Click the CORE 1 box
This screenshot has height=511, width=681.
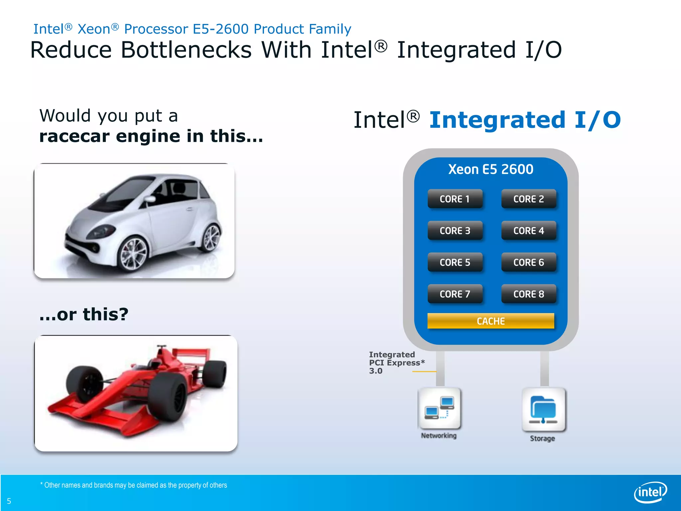point(455,199)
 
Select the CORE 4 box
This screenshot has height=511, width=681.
point(528,231)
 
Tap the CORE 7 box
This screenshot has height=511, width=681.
point(455,294)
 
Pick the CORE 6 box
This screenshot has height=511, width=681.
point(528,262)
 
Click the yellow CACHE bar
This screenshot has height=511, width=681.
point(490,321)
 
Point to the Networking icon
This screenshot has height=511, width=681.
point(439,408)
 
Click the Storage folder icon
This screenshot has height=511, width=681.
point(543,410)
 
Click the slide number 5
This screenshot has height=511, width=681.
point(9,501)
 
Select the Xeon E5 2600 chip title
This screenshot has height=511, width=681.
point(490,169)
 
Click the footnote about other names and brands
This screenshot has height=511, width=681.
point(134,485)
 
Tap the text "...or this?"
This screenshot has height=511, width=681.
point(84,314)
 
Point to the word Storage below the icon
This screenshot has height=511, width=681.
point(542,438)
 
